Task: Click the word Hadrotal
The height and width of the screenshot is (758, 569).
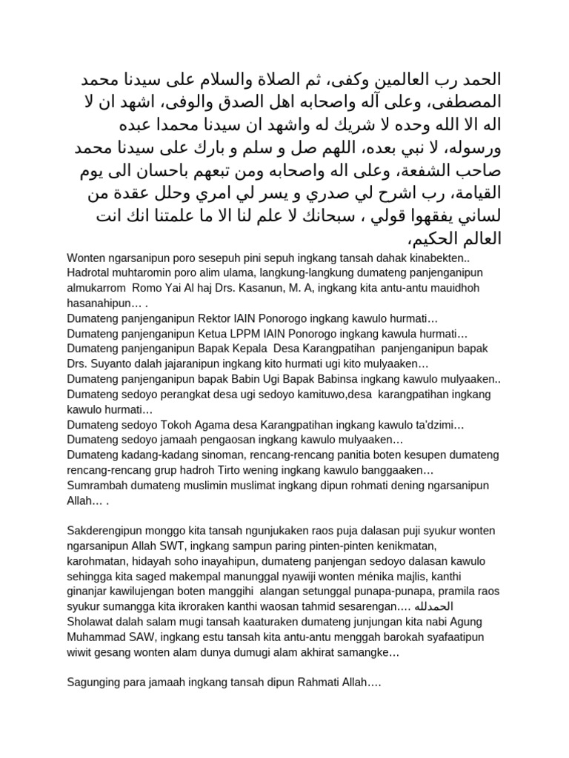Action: tap(90, 271)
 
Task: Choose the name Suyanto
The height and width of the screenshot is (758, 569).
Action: tap(112, 364)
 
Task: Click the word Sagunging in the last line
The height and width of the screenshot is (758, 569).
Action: tap(93, 683)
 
